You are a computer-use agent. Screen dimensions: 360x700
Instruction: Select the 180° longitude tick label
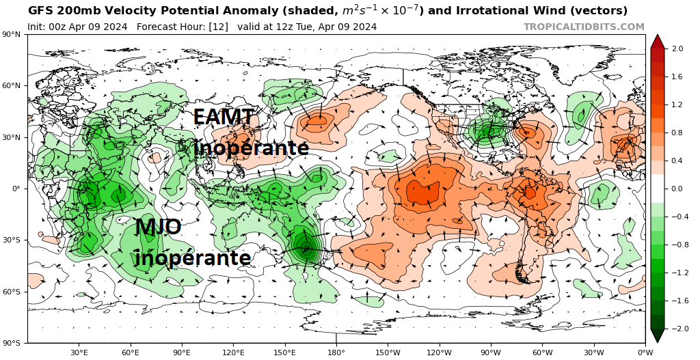point(336,352)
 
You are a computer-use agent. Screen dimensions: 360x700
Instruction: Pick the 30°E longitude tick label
point(79,352)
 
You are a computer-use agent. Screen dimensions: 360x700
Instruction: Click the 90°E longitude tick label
point(182,352)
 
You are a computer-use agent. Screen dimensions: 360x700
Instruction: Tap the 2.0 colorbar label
point(678,49)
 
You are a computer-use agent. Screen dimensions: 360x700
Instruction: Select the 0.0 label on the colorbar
point(678,189)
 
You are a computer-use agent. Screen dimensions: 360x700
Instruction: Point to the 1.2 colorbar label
point(678,105)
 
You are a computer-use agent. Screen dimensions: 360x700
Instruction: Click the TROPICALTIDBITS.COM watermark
point(584,27)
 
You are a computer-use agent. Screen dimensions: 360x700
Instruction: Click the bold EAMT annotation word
point(224,117)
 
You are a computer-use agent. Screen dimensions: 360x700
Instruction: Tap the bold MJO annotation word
point(158,227)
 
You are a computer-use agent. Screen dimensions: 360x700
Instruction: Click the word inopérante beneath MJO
point(192,258)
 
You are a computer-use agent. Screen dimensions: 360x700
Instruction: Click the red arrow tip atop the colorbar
point(657,40)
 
